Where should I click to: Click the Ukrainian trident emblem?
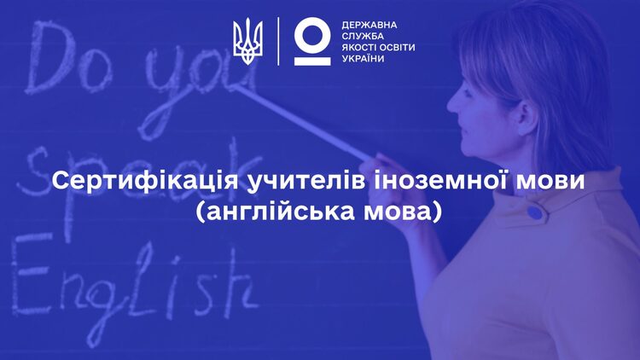(247, 41)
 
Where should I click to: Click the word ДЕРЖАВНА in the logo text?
(369, 26)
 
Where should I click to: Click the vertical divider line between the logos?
(278, 41)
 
